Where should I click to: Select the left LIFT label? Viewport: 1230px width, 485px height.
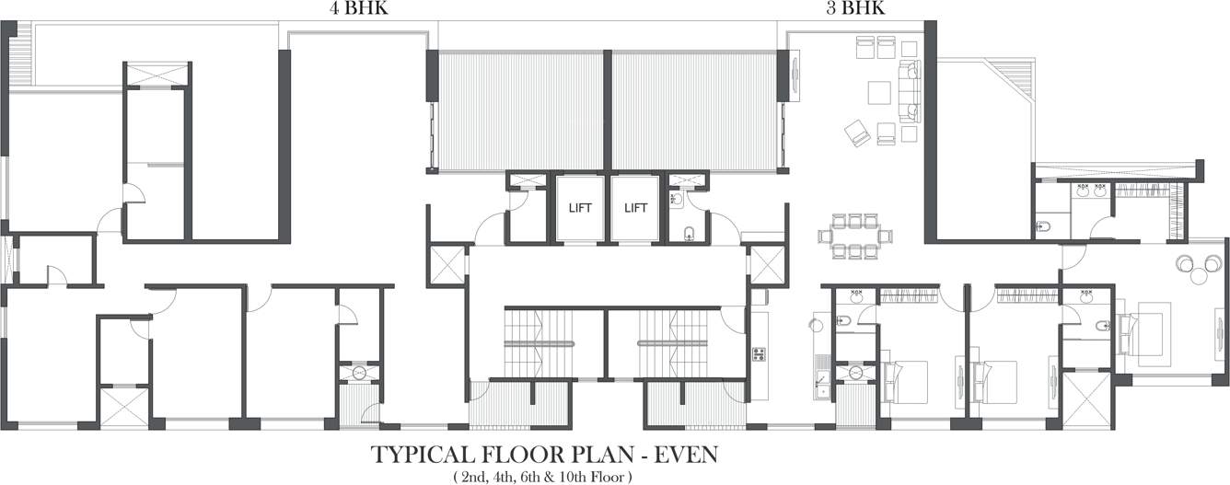point(580,208)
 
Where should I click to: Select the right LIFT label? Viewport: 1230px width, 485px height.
point(636,208)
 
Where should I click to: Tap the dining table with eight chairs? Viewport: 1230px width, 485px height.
point(855,236)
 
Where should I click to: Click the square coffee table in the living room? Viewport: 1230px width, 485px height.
point(879,93)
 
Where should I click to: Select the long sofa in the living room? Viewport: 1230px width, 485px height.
point(910,92)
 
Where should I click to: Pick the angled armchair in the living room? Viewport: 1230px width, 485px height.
point(857,133)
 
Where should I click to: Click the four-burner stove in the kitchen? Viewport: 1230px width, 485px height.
point(760,353)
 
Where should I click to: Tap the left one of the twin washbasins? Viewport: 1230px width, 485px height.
point(1083,192)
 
